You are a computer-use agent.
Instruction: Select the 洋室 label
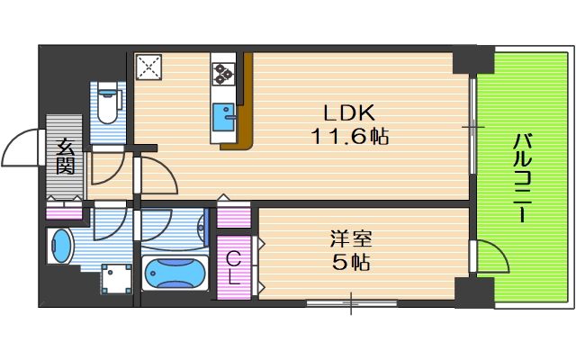(x=348, y=239)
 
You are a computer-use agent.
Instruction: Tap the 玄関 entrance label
(x=66, y=155)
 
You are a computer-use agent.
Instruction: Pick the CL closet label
(x=233, y=267)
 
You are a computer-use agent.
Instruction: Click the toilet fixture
(x=109, y=103)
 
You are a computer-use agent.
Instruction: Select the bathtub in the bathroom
(x=175, y=272)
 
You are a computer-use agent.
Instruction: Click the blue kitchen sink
(x=223, y=117)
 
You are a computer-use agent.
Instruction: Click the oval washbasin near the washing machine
(x=61, y=246)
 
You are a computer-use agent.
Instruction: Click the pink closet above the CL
(x=233, y=218)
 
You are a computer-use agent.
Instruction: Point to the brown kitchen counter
(x=247, y=103)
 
